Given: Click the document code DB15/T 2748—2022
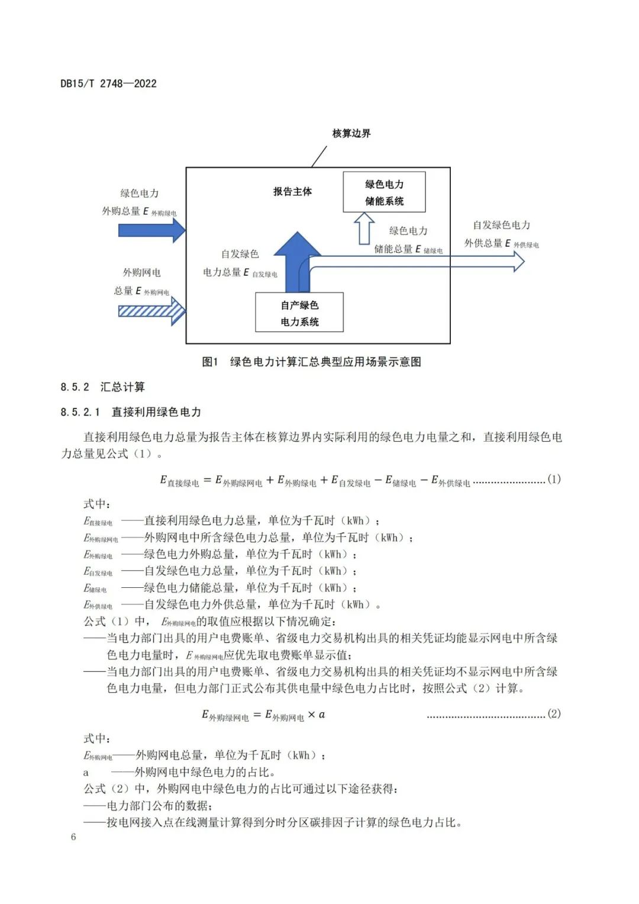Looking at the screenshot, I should pyautogui.click(x=108, y=83).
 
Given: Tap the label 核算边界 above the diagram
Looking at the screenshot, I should pyautogui.click(x=351, y=133).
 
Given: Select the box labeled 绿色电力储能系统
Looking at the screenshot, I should pyautogui.click(x=384, y=192).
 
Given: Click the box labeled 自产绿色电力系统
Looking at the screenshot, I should pyautogui.click(x=299, y=313).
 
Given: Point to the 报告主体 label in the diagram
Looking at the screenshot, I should pyautogui.click(x=292, y=191).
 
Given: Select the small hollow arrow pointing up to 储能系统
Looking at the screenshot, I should pyautogui.click(x=364, y=229).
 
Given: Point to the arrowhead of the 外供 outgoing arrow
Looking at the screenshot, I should pyautogui.click(x=518, y=261).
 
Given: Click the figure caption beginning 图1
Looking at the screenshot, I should pyautogui.click(x=311, y=362).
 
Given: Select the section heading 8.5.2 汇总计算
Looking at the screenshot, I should pyautogui.click(x=102, y=387).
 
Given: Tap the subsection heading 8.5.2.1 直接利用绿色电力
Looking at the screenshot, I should pyautogui.click(x=131, y=411).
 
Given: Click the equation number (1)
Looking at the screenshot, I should pyautogui.click(x=554, y=479).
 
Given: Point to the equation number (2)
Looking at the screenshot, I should pyautogui.click(x=554, y=713).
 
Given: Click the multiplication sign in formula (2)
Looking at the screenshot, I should pyautogui.click(x=311, y=715).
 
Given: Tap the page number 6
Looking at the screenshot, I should pyautogui.click(x=73, y=837).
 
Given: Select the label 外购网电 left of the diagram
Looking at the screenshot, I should pyautogui.click(x=141, y=272).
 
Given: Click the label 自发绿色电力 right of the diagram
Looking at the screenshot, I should pyautogui.click(x=501, y=225).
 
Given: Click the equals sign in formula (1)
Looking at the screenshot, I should pyautogui.click(x=207, y=480).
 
